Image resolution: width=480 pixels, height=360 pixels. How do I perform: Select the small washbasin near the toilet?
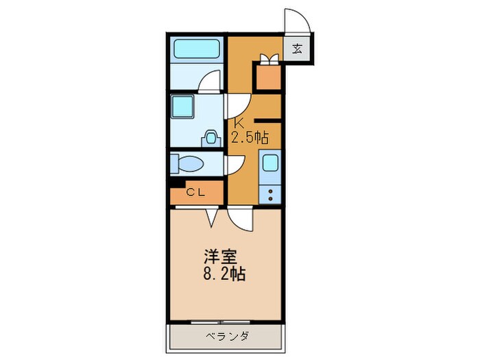tap(211, 137)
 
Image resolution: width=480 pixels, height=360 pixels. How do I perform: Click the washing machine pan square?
tap(183, 106)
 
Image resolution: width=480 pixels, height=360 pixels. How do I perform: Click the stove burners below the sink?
tap(271, 193)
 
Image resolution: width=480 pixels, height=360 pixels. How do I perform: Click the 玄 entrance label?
tap(298, 48)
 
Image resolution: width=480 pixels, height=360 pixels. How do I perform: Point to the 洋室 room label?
tap(219, 259)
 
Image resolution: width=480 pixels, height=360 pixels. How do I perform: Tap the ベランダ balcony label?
tap(226, 336)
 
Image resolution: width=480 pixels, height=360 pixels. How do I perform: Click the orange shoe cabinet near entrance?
tap(267, 77)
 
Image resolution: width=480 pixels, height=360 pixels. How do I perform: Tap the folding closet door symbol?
tap(212, 216)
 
